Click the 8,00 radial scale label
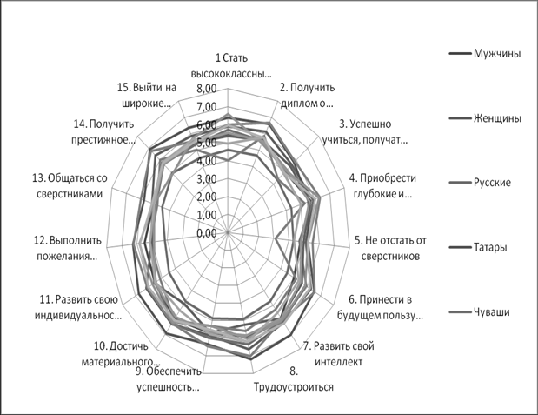(207, 89)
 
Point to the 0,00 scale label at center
(207, 233)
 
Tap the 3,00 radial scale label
(207, 179)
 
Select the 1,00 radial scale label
(207, 215)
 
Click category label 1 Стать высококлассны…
(231, 65)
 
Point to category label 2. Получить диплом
(307, 95)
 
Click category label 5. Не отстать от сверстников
(390, 248)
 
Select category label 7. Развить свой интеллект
(339, 353)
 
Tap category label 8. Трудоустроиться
(294, 379)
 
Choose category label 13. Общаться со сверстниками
(70, 185)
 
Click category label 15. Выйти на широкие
(147, 95)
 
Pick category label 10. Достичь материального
(121, 353)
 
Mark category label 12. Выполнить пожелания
(67, 248)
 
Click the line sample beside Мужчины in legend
(460, 54)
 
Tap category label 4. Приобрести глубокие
(382, 185)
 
